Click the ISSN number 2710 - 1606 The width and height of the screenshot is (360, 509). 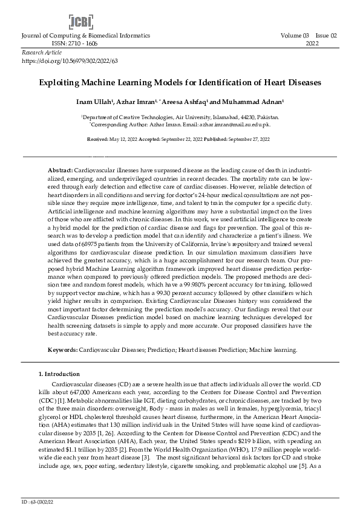[x=74, y=44]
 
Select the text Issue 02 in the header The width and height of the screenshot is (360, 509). [x=326, y=36]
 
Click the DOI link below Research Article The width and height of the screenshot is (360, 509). [x=70, y=61]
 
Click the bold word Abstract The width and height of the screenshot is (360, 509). [x=61, y=172]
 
